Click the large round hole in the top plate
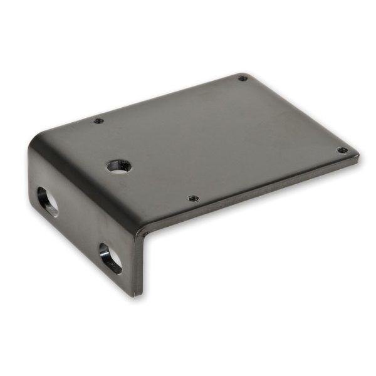click(119, 166)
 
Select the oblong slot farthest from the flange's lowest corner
click(48, 201)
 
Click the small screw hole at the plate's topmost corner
click(243, 78)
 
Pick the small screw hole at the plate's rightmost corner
click(342, 150)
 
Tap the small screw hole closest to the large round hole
click(97, 121)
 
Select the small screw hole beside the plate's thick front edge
click(194, 198)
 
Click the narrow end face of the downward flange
click(138, 263)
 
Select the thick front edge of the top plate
click(251, 197)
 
